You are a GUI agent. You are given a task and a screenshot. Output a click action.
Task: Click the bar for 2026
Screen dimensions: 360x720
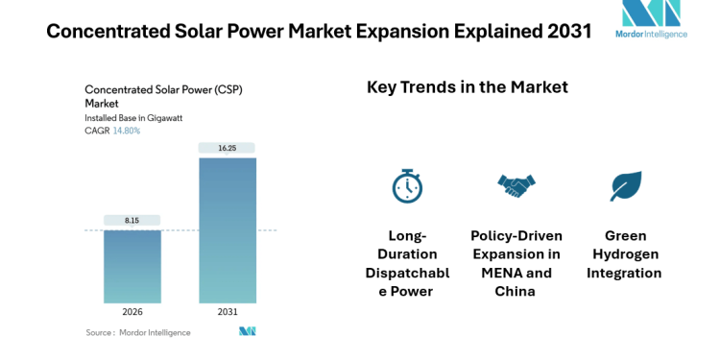[132, 267]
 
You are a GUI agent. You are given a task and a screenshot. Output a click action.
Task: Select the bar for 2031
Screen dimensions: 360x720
[227, 230]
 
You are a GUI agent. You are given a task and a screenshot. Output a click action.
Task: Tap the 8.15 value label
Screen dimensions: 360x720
[132, 220]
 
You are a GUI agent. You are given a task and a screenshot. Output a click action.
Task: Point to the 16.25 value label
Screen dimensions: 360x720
[227, 148]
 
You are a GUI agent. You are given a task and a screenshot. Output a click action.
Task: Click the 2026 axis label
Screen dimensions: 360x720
[132, 313]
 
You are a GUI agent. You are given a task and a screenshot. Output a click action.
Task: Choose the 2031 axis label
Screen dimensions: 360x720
[227, 313]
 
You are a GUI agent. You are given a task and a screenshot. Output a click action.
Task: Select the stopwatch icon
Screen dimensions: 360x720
[407, 185]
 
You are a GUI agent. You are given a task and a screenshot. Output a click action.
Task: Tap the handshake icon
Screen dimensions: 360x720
[516, 184]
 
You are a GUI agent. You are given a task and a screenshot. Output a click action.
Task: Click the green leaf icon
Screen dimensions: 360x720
[625, 185]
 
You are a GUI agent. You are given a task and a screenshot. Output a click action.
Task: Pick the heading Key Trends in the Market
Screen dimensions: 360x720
[468, 87]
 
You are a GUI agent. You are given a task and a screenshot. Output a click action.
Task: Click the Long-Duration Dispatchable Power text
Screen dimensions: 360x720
[407, 264]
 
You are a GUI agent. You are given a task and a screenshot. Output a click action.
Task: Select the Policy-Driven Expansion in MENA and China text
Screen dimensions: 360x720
[516, 264]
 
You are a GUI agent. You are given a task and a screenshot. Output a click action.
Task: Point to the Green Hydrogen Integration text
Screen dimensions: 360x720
[626, 254]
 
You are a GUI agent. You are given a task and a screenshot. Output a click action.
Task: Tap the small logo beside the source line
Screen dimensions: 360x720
[248, 332]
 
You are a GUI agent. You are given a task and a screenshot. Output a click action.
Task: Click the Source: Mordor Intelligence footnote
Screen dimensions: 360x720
[137, 332]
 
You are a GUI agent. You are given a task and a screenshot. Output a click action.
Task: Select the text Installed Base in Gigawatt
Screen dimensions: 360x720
[133, 118]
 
